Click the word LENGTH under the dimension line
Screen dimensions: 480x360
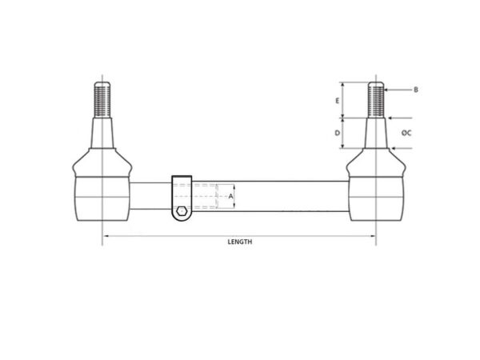pos(240,242)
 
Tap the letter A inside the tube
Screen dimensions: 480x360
pos(231,196)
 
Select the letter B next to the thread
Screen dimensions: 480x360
pos(416,90)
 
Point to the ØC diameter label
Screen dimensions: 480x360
pos(406,133)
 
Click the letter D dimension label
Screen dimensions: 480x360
pos(337,133)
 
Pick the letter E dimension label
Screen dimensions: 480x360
pos(338,101)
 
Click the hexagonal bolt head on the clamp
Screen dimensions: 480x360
pos(182,211)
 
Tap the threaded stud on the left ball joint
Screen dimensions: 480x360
pos(102,99)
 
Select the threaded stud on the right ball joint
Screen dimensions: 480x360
pos(376,99)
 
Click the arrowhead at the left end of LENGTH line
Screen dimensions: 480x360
pos(106,236)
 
